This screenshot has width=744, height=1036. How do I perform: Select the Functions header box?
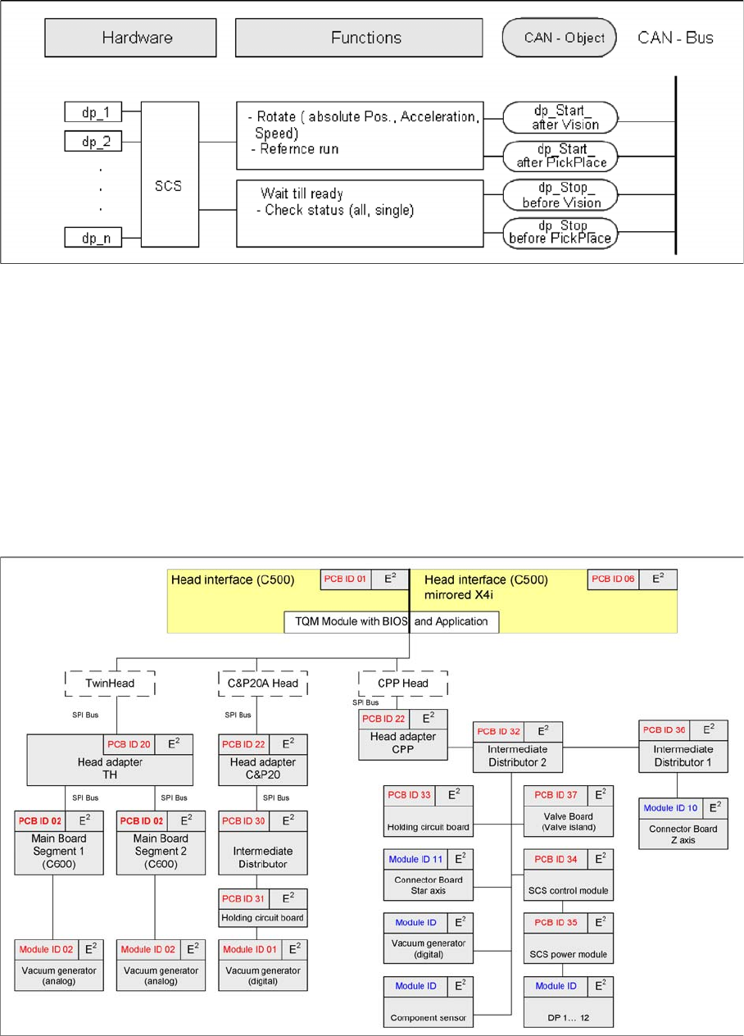click(x=365, y=38)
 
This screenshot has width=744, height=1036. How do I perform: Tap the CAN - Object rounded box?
click(x=559, y=38)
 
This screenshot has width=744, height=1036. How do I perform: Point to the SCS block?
click(x=170, y=175)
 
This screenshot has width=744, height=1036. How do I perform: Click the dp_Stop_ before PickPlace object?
click(x=560, y=232)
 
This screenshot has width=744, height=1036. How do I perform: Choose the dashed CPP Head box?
click(x=403, y=683)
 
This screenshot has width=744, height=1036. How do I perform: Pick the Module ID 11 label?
click(x=415, y=859)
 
